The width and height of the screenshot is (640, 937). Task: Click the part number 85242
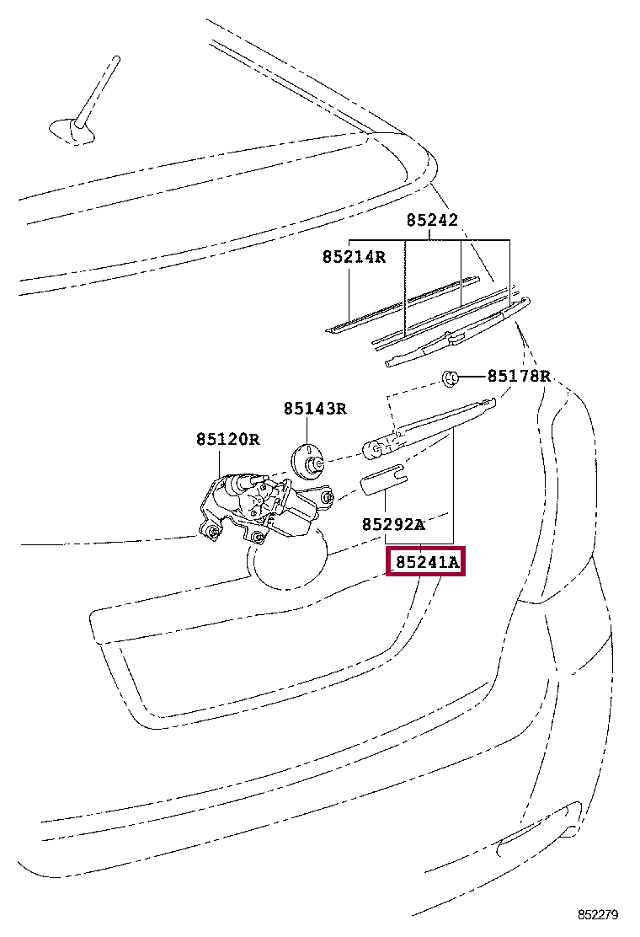tap(432, 221)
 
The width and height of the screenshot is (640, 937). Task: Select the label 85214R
tap(353, 256)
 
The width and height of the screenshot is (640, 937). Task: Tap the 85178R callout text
tap(519, 376)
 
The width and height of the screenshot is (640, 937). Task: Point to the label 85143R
tap(315, 409)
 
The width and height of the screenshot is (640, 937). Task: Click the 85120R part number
tap(228, 439)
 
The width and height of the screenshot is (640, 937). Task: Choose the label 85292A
tap(393, 524)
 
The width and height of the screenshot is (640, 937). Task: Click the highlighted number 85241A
tap(428, 561)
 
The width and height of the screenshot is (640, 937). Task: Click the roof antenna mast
tap(99, 88)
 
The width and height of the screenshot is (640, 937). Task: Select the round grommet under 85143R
tap(308, 463)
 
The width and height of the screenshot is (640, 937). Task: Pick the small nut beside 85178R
tap(451, 377)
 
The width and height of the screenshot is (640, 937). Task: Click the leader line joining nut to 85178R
tap(472, 377)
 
